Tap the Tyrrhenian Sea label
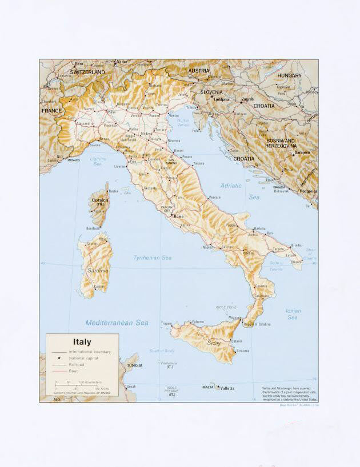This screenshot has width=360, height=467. click(153, 258)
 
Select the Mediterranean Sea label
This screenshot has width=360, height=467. click(117, 323)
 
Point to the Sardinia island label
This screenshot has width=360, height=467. click(98, 270)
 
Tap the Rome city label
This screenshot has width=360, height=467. click(179, 216)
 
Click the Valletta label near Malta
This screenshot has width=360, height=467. click(227, 388)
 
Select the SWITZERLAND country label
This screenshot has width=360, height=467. click(87, 73)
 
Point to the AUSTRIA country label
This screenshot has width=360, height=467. click(199, 71)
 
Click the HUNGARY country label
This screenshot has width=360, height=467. click(289, 75)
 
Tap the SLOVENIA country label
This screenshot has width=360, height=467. click(211, 91)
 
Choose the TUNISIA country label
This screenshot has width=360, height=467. click(134, 365)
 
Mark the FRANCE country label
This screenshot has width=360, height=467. click(51, 111)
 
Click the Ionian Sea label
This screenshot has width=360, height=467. click(293, 314)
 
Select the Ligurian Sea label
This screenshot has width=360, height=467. click(98, 161)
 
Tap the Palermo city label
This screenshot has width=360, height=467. click(198, 321)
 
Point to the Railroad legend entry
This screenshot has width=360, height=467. click(77, 364)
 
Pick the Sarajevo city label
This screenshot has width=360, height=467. click(302, 152)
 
